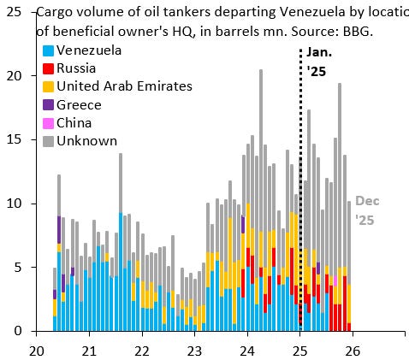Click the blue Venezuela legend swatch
[x=49, y=50]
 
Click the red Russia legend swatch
[x=49, y=68]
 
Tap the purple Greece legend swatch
[x=49, y=104]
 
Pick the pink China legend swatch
[x=49, y=122]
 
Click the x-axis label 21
[x=89, y=350]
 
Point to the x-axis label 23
[x=194, y=350]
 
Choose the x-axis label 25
[x=300, y=350]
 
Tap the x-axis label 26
[x=353, y=350]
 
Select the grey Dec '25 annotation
[x=366, y=210]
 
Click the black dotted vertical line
[x=300, y=171]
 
